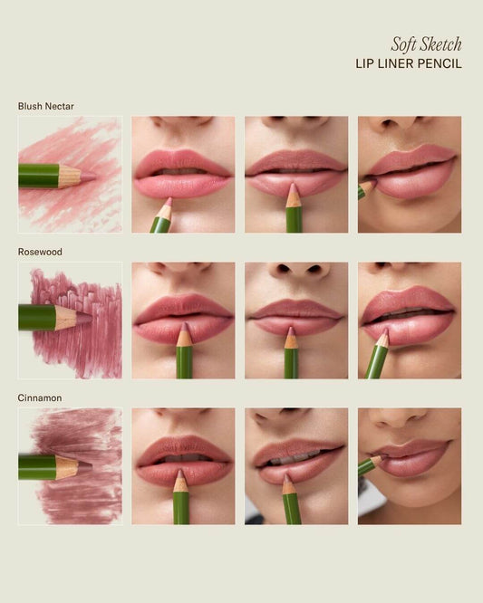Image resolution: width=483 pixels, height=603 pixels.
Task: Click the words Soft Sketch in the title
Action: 426,44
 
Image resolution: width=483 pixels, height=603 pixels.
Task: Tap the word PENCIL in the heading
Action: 440,63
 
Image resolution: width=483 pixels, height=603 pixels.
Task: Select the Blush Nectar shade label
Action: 46,106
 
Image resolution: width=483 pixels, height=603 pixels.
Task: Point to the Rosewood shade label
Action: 40,252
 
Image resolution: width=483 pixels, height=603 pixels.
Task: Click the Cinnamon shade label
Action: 40,397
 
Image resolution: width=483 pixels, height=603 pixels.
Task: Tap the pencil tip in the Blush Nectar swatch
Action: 89,177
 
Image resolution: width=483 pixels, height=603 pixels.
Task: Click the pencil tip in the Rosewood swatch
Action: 84,318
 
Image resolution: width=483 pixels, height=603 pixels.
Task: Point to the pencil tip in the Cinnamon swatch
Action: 85,467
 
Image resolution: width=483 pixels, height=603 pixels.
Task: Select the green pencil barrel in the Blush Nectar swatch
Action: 38,177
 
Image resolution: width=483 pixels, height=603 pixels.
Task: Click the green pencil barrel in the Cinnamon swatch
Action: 37,467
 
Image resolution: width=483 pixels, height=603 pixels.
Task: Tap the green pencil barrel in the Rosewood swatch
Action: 37,318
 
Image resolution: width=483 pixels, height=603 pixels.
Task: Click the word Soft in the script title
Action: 402,44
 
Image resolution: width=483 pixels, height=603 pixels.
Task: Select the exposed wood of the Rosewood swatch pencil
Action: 66,318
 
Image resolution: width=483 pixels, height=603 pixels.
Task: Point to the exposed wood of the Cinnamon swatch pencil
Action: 66,467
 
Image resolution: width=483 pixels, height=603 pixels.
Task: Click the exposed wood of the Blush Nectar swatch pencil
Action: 69,177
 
